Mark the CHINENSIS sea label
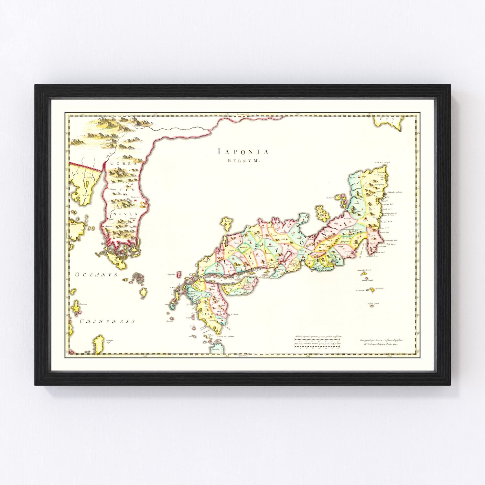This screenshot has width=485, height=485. click(x=107, y=321)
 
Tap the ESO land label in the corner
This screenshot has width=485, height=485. click(x=387, y=119)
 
